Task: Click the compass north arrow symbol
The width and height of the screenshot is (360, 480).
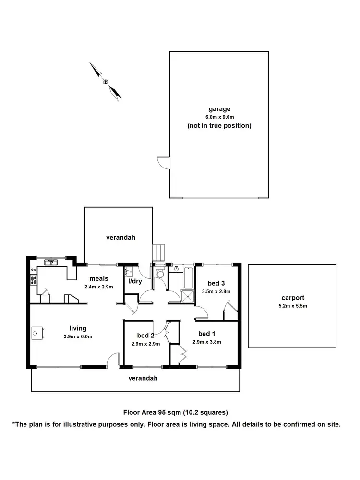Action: click(x=105, y=81)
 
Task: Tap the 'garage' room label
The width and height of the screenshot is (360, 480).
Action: click(x=219, y=109)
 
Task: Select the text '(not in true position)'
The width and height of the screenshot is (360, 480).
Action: click(x=219, y=126)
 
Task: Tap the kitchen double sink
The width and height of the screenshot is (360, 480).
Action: click(x=50, y=262)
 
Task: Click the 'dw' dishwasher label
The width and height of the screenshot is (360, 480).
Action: click(x=33, y=270)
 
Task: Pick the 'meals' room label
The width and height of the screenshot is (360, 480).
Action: click(x=98, y=278)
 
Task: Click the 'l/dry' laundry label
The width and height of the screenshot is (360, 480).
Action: click(x=134, y=281)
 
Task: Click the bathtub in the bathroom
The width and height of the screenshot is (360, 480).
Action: click(x=188, y=276)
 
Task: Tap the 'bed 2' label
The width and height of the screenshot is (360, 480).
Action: click(x=144, y=335)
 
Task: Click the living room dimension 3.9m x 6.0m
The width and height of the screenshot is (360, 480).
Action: click(x=77, y=336)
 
